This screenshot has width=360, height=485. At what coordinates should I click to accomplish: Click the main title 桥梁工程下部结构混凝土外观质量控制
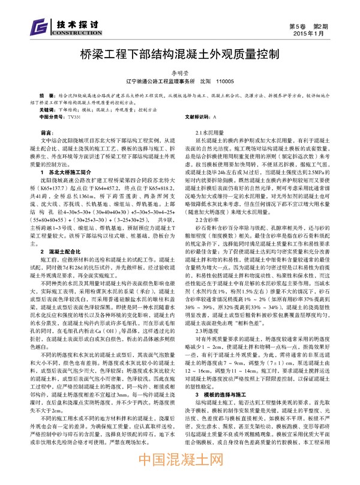[x=180, y=55]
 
